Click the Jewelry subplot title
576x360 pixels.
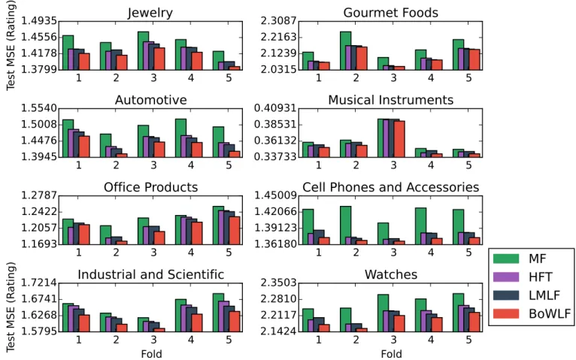click(x=150, y=13)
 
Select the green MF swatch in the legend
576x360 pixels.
click(x=506, y=259)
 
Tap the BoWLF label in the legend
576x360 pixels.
click(x=550, y=313)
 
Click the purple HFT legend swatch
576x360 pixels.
click(x=506, y=277)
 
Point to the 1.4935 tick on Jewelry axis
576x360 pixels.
click(x=39, y=20)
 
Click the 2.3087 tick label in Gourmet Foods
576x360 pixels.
click(x=278, y=20)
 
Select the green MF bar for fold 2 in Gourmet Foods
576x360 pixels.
click(x=345, y=50)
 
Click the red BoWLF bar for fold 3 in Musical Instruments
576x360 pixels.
click(x=399, y=139)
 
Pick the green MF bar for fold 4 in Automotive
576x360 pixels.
click(x=180, y=138)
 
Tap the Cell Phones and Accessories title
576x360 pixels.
click(x=390, y=187)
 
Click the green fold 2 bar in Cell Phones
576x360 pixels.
click(x=345, y=225)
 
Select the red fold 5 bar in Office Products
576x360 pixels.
click(x=235, y=231)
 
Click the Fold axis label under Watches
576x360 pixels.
click(x=391, y=354)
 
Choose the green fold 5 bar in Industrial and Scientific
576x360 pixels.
click(x=218, y=313)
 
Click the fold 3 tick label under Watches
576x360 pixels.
click(x=393, y=340)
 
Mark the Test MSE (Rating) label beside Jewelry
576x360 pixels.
click(x=11, y=45)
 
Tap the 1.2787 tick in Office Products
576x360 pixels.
click(x=39, y=195)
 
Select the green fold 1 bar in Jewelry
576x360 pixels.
click(x=68, y=53)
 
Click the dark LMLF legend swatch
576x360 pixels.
click(x=506, y=295)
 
